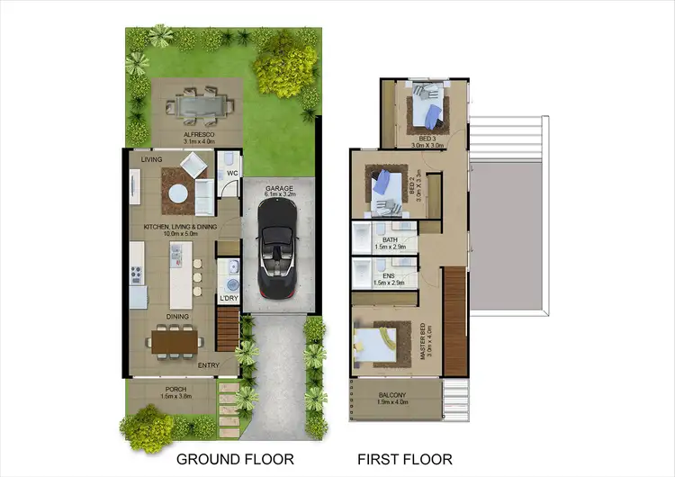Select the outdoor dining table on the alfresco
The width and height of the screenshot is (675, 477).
pos(197,104)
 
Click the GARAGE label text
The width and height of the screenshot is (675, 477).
pos(279,188)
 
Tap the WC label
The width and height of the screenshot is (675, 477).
pos(230,172)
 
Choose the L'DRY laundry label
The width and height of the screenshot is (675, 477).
pos(229,298)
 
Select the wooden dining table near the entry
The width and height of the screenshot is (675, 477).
pos(176,341)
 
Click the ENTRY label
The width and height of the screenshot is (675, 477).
pos(208,364)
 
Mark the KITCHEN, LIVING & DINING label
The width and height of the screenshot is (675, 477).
pos(176,228)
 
